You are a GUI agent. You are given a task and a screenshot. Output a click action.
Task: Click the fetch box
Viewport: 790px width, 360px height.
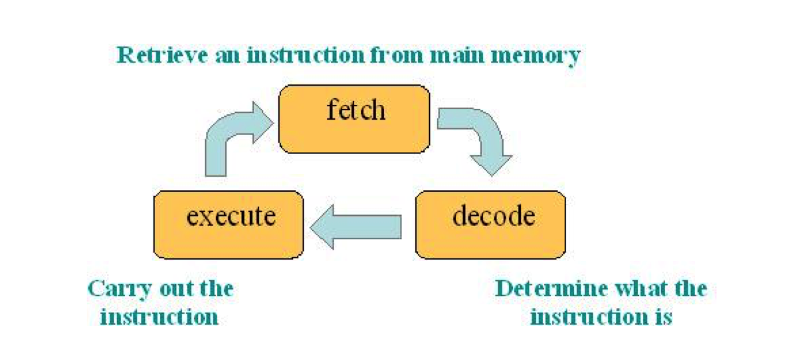click(354, 119)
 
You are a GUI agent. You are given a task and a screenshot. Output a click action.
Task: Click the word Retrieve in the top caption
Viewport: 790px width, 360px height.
click(161, 55)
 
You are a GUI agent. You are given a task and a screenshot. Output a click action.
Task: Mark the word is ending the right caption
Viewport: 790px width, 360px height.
click(660, 317)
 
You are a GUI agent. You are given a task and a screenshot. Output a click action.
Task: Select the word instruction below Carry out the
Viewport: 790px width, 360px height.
click(159, 317)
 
